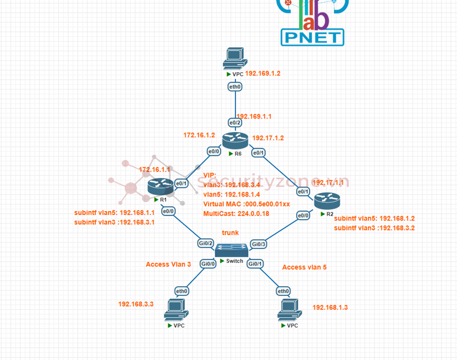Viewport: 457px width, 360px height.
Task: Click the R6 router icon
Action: pos(235,139)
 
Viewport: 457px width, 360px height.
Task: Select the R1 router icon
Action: pos(160,187)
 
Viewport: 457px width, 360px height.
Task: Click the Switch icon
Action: pos(231,250)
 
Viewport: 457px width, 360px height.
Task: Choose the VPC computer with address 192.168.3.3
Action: pos(176,310)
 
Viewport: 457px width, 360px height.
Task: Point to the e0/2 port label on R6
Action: pos(235,123)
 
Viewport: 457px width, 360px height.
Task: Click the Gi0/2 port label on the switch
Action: pos(206,243)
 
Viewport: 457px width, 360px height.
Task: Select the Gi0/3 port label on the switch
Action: pos(259,244)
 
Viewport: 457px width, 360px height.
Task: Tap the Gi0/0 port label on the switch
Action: pos(208,264)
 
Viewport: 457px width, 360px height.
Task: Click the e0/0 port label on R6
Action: pos(214,151)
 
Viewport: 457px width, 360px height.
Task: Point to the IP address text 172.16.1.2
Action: pos(199,135)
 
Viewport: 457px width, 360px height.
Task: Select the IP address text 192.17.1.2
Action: pos(268,138)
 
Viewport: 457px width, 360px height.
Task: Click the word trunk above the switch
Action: pos(230,232)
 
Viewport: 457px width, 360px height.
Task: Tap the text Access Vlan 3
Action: pos(168,264)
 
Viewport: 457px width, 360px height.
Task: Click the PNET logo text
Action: pos(312,37)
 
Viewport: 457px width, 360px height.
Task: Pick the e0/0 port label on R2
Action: pos(303,216)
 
